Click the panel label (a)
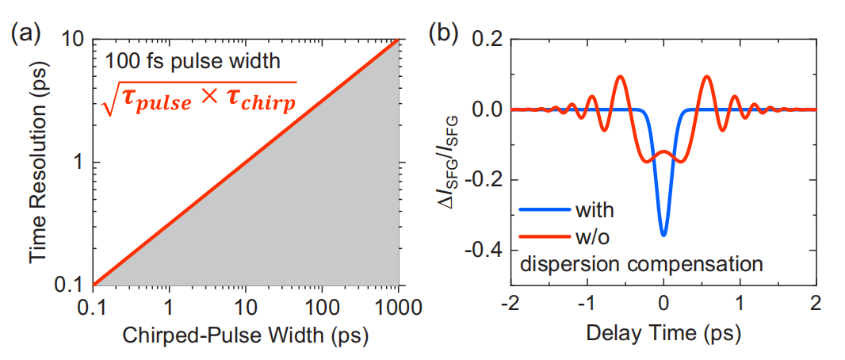point(25,34)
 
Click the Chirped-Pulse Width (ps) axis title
point(246,335)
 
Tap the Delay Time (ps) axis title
point(663,335)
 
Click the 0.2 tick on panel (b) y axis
point(485,40)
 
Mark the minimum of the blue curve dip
point(664,235)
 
